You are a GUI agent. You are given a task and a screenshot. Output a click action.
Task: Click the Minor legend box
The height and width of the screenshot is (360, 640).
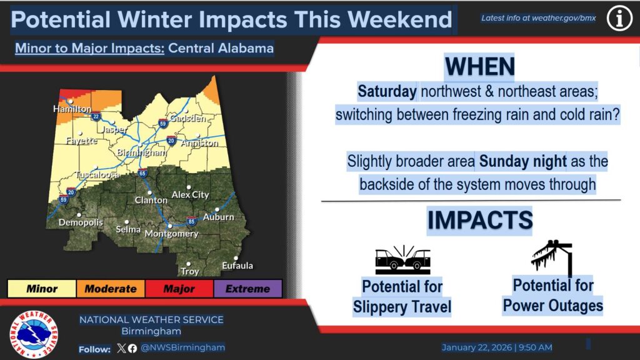point(41,289)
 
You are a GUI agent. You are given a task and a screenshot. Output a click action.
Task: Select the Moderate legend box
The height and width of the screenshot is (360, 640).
point(110,289)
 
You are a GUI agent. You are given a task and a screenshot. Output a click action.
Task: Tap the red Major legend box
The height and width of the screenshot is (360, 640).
point(179,289)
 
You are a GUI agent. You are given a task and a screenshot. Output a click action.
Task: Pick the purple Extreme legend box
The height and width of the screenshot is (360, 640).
point(247,289)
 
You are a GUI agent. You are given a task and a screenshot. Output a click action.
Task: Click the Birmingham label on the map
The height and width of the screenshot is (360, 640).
point(141,152)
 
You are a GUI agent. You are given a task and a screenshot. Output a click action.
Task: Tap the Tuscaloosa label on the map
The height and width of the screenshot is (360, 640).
point(97,176)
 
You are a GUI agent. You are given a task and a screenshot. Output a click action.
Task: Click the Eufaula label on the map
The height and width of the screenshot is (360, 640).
point(237,266)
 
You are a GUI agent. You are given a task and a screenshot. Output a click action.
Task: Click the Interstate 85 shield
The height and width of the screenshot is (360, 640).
point(191,221)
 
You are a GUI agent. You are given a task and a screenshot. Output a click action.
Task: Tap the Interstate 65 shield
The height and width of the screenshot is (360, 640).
point(142,173)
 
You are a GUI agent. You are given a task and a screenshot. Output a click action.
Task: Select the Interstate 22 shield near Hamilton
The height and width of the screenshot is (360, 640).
point(96,116)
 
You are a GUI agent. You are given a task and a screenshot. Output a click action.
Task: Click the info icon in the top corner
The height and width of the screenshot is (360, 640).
point(619,19)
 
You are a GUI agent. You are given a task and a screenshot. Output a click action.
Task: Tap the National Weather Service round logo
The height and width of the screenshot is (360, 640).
point(34,334)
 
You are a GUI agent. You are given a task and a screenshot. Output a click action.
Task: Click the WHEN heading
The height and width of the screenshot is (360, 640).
point(479,67)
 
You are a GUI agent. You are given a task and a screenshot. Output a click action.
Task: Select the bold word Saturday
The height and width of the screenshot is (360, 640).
point(387,92)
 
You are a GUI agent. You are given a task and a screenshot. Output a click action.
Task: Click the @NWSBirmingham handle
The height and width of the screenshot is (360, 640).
point(183,347)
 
